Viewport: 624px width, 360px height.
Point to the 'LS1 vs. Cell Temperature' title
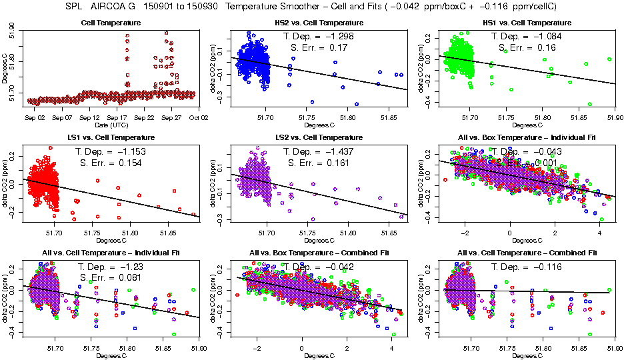(x=110, y=137)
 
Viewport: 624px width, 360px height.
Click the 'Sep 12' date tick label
(x=89, y=117)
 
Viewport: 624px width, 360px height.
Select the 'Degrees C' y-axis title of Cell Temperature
(x=5, y=70)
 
